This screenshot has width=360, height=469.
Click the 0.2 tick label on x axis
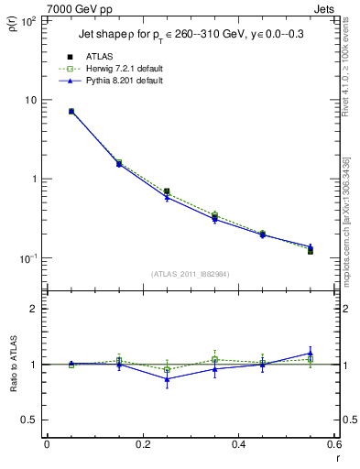tap(142, 444)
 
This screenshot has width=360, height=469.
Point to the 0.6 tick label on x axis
tap(333, 444)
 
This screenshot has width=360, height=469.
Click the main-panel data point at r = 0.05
tap(71, 112)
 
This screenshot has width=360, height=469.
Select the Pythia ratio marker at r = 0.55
tap(311, 353)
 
